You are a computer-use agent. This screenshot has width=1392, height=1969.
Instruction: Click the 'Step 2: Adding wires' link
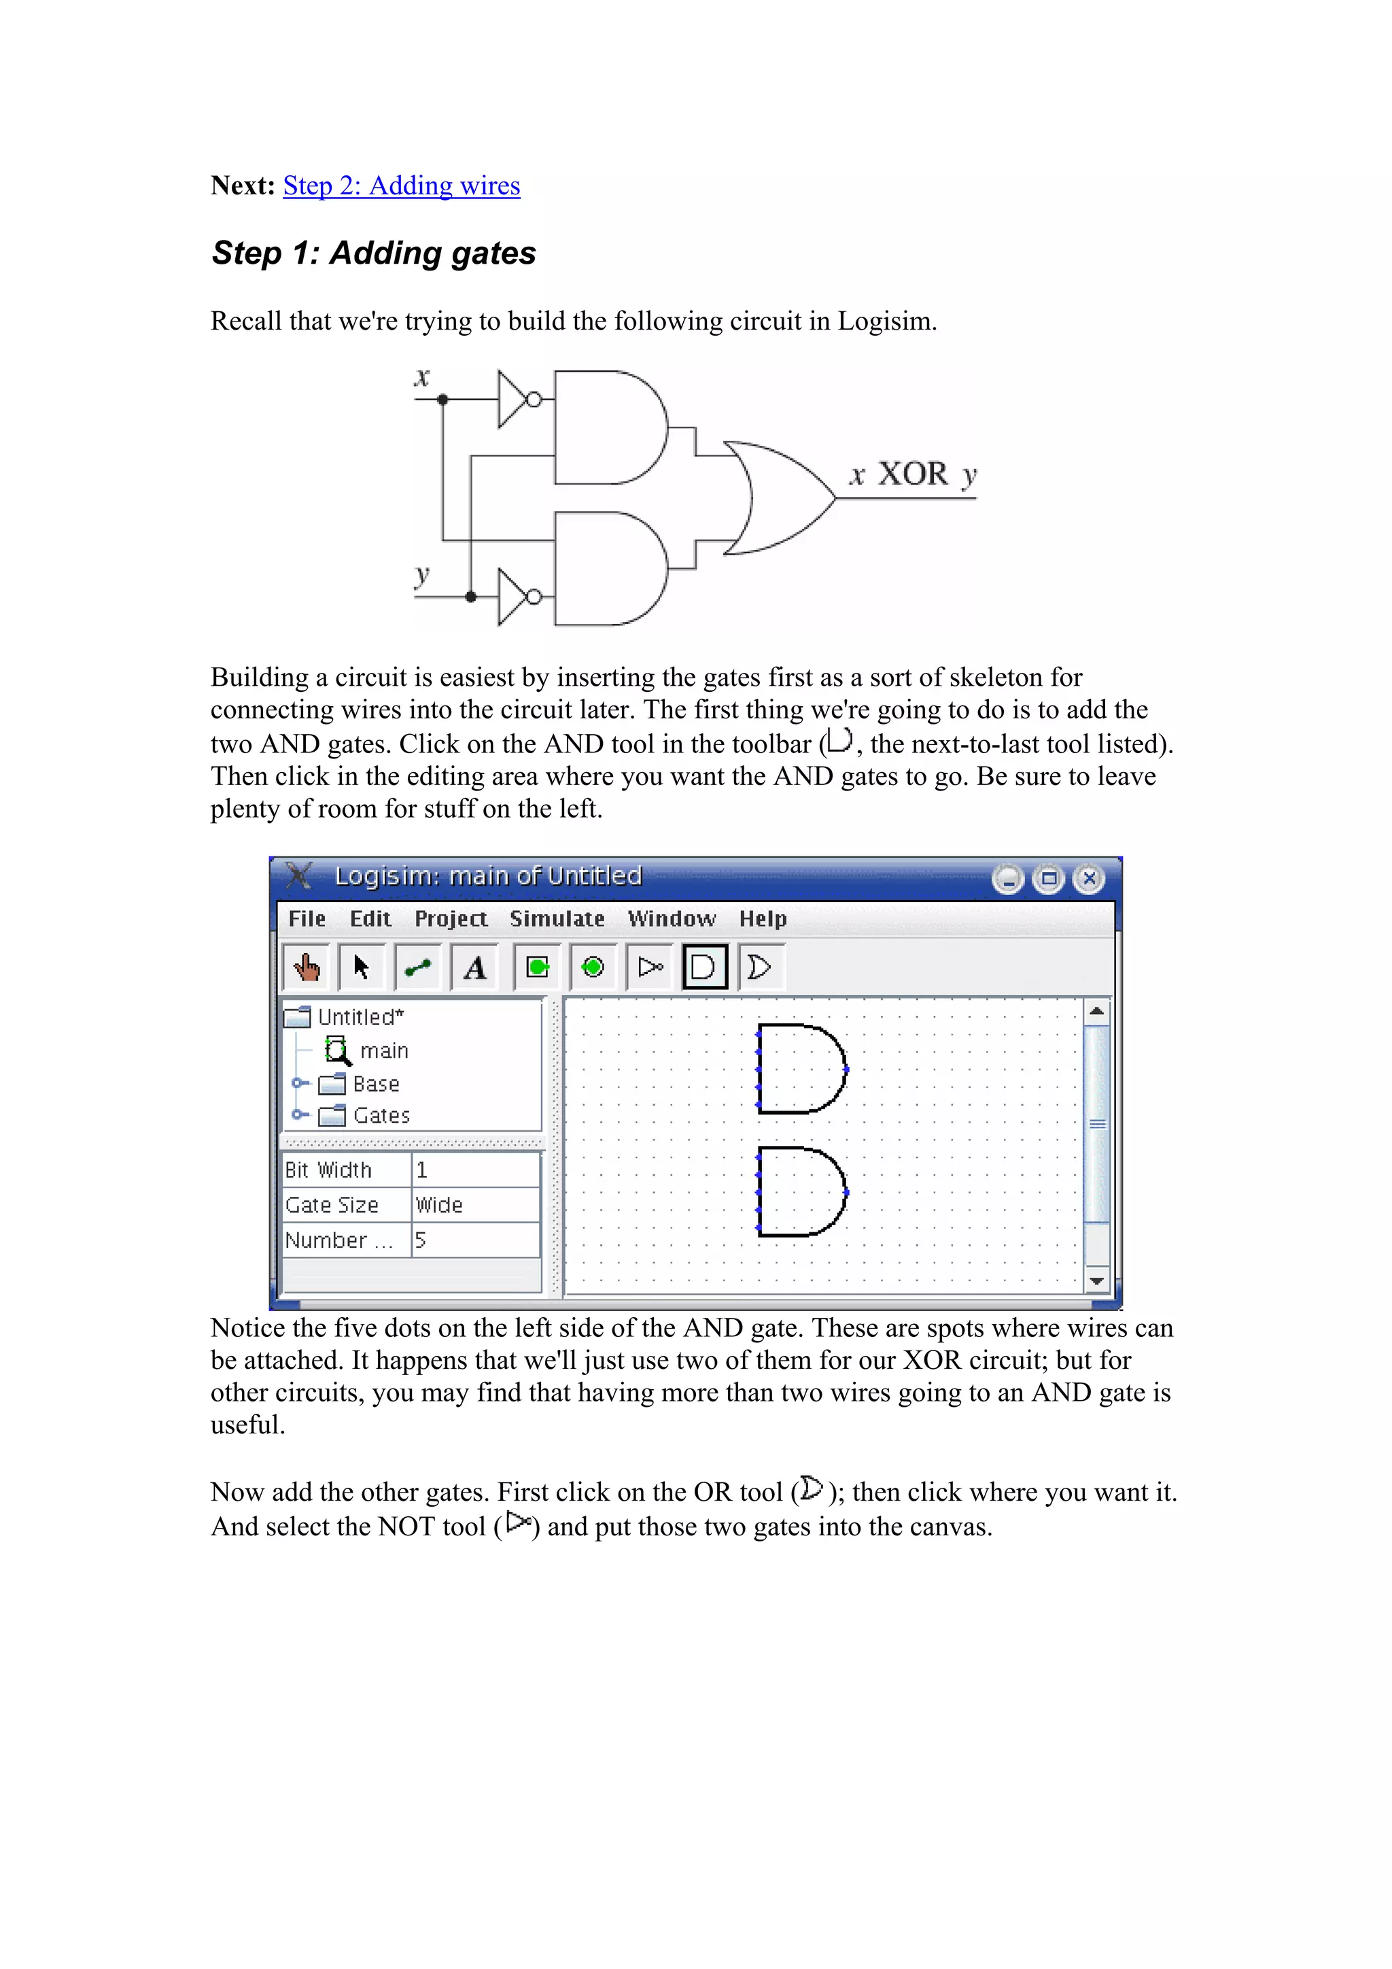coord(402,186)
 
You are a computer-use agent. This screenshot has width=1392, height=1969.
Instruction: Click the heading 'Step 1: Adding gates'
coord(373,253)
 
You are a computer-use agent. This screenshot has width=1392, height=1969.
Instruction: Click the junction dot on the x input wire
coord(442,400)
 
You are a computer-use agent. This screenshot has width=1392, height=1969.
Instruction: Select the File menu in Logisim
coord(306,918)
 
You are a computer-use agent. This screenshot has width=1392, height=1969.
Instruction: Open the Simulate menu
coord(557,918)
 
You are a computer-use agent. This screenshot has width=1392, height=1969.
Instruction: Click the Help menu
coord(763,918)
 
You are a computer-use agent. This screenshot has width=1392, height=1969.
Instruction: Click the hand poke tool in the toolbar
coord(306,967)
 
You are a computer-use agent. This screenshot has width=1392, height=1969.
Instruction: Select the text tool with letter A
coord(474,967)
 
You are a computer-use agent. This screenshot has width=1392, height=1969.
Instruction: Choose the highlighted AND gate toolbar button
coord(704,967)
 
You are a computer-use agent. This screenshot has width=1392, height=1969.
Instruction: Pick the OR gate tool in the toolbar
coord(760,967)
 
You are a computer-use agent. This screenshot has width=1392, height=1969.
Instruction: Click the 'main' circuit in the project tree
coord(383,1051)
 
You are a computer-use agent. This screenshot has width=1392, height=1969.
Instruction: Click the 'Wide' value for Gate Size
coord(439,1205)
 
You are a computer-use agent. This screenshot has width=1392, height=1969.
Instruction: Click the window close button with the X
coord(1088,878)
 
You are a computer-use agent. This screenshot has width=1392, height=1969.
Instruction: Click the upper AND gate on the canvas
coord(800,1068)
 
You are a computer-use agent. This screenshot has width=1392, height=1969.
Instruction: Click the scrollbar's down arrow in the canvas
coord(1096,1281)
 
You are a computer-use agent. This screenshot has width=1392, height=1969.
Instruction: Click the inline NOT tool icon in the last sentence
coord(519,1523)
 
